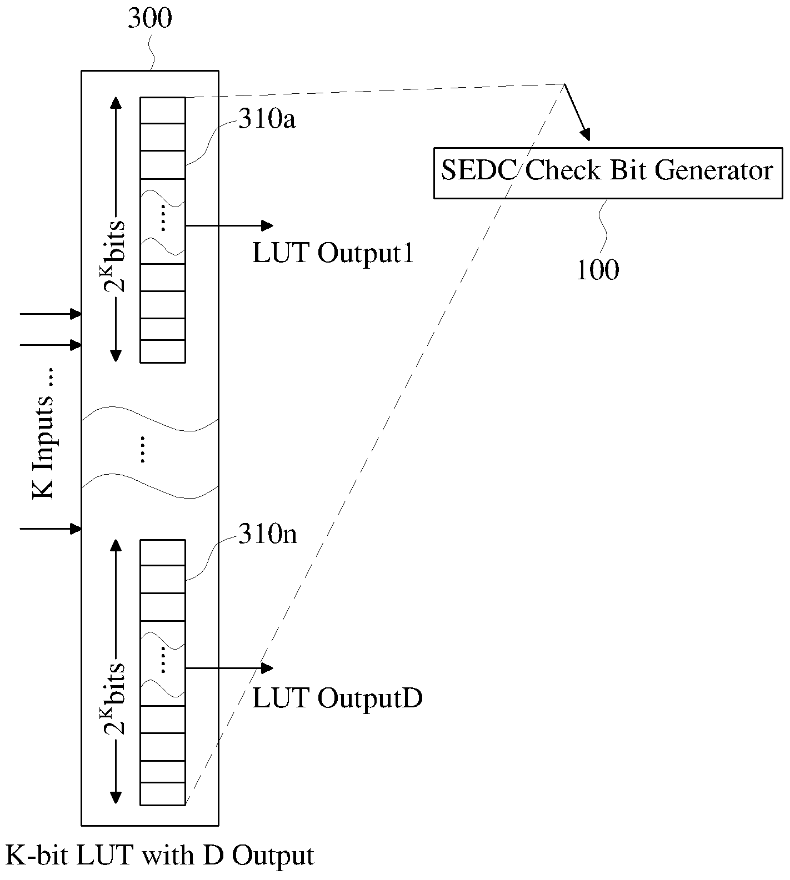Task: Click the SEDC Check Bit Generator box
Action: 608,173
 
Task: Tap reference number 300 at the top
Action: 150,19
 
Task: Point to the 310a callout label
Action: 267,118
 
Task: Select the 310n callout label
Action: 267,534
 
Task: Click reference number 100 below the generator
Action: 597,270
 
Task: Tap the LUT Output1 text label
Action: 333,253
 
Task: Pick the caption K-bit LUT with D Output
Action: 159,856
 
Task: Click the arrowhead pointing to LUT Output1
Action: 267,225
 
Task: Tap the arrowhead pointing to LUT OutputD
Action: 267,668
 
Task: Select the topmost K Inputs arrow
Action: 51,314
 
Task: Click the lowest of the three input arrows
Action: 51,529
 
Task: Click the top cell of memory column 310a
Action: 162,110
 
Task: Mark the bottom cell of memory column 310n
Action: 162,793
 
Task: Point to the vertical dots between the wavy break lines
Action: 142,449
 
